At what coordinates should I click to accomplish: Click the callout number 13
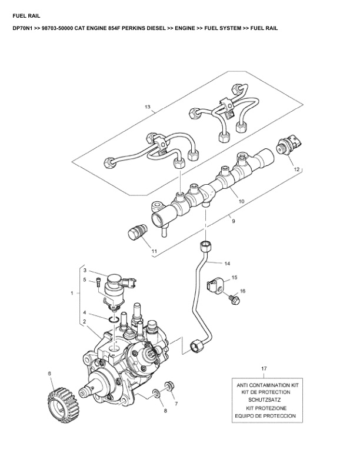click(x=148, y=108)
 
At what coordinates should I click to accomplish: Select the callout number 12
click(x=297, y=169)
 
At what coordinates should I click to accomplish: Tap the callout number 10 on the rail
click(x=241, y=201)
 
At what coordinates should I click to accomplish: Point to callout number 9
click(x=233, y=221)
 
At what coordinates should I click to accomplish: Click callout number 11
click(x=154, y=252)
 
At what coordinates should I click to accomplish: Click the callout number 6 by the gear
click(x=49, y=374)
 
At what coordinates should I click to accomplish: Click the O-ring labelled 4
click(x=116, y=320)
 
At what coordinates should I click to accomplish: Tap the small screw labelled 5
click(x=98, y=282)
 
